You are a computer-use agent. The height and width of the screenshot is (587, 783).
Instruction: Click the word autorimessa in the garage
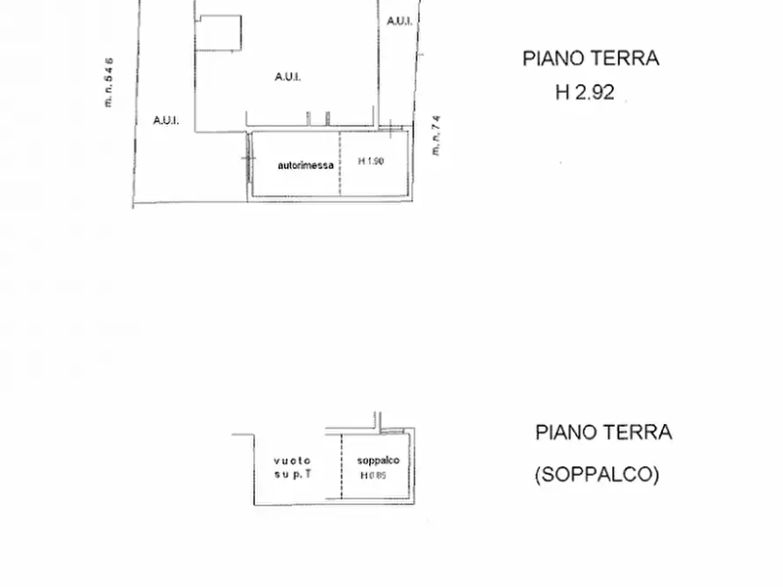pos(305,165)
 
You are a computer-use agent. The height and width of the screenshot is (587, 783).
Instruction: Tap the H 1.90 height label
pos(371,161)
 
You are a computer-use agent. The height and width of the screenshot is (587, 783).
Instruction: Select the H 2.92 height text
pos(585,92)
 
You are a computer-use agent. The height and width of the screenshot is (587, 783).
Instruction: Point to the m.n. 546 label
pos(109,81)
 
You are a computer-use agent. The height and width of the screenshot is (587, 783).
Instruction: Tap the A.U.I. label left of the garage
pos(166,120)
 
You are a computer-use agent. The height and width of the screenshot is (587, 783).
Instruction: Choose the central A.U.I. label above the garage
pos(288,77)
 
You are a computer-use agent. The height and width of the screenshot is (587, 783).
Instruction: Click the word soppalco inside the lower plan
pos(378,461)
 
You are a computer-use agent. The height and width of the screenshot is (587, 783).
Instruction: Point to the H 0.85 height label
pos(373,476)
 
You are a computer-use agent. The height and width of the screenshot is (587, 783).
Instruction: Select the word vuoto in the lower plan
pos(292,461)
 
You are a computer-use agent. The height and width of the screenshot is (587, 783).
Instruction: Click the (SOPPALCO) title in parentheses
pos(596,475)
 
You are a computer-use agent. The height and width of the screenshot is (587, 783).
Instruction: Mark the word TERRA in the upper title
pos(625,59)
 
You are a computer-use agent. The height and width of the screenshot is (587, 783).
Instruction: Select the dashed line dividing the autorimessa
pos(338,165)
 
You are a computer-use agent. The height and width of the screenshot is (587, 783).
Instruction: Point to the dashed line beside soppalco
pos(341,468)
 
